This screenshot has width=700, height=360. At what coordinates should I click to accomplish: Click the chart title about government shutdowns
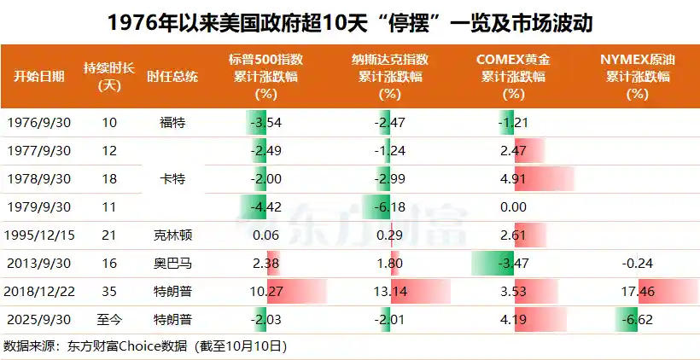coord(350,21)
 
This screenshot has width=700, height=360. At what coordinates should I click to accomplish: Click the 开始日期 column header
coord(38,75)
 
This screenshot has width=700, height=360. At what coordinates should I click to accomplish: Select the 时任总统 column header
coord(172,75)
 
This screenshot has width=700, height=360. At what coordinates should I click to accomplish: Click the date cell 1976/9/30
coord(38,122)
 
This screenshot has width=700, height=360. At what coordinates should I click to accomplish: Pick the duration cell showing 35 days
coord(109,291)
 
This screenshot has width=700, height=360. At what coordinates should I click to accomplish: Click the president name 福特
coord(172,122)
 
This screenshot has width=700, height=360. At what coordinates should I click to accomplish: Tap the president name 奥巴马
coord(172,263)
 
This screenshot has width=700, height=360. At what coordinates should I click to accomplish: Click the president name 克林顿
coord(172,235)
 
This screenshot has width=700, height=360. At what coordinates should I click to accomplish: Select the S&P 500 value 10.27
coord(266,291)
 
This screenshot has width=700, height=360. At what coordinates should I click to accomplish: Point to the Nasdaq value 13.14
coord(391,291)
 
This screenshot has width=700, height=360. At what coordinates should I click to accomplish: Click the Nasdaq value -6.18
coord(391,206)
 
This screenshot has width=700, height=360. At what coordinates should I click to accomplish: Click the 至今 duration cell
coord(109,319)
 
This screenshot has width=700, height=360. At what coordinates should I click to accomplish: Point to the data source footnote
coord(145,346)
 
